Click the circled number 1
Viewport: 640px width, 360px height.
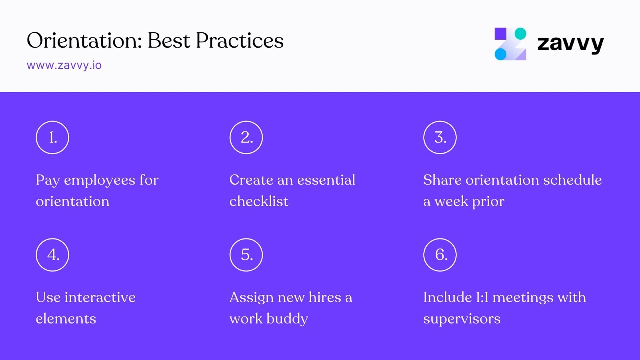(x=52, y=138)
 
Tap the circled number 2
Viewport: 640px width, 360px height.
(x=246, y=138)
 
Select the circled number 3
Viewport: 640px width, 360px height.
(x=440, y=138)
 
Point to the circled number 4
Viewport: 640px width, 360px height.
(x=52, y=255)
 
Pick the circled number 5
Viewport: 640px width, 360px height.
(x=246, y=255)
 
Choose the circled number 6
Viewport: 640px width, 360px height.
(x=440, y=255)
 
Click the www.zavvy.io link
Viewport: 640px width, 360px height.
(x=64, y=65)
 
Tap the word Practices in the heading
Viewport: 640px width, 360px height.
(x=240, y=41)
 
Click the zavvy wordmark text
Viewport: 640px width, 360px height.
(x=570, y=43)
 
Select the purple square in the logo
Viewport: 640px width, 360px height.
(x=500, y=34)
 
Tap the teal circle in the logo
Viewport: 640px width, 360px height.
(x=520, y=34)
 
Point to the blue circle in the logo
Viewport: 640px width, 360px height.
(x=500, y=54)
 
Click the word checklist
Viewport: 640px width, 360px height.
(x=259, y=201)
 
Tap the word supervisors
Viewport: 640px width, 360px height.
(x=462, y=319)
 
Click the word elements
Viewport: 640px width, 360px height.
(x=66, y=319)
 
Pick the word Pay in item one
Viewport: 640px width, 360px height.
(x=48, y=180)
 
